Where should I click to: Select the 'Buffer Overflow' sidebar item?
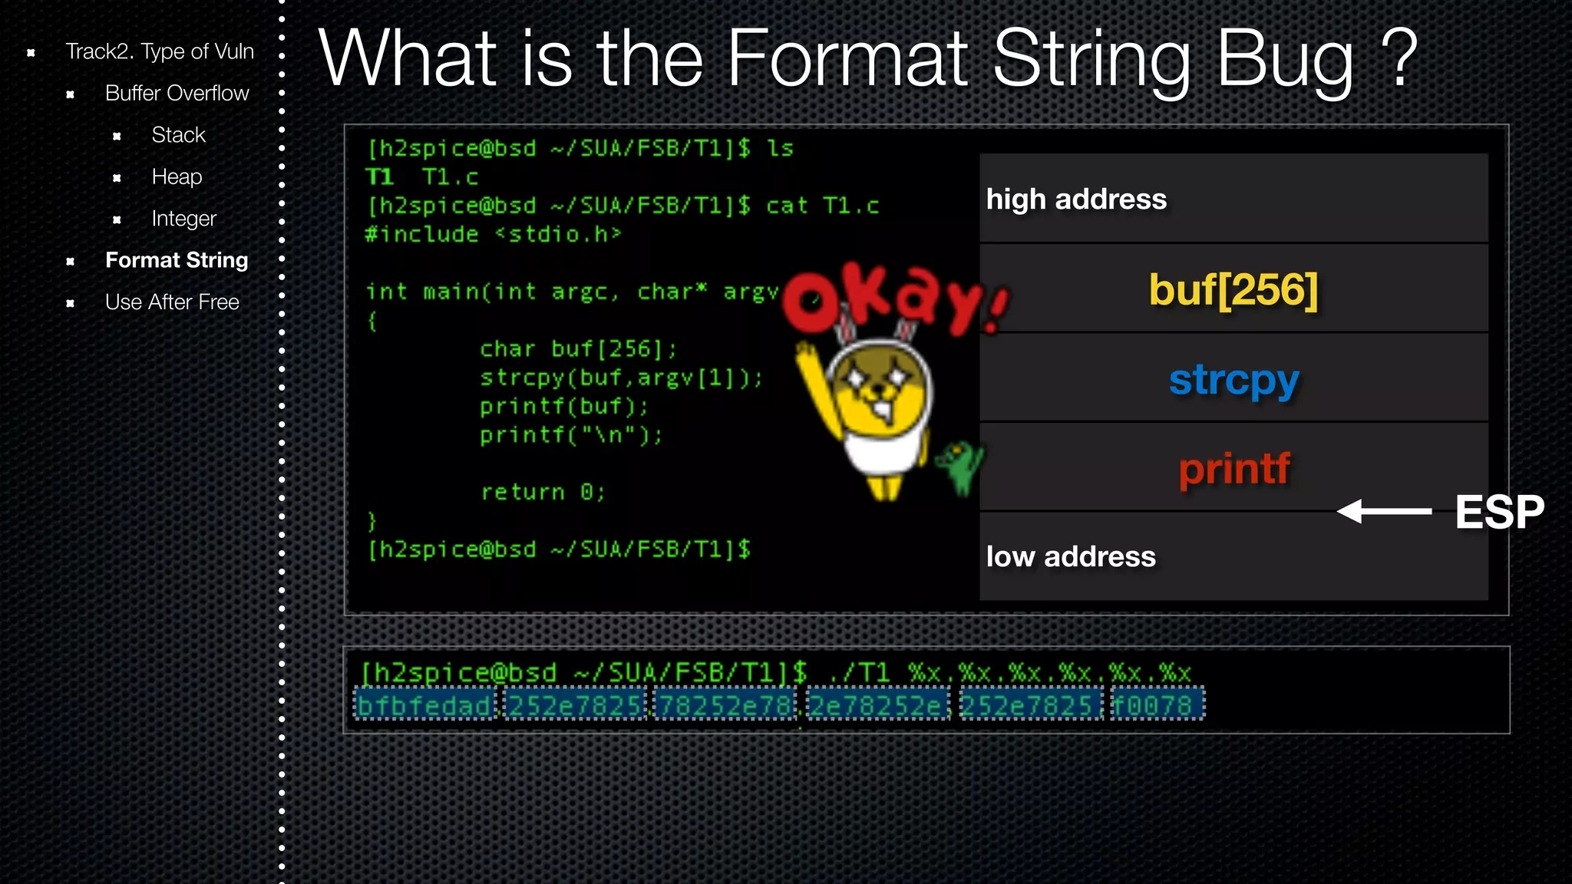coord(177,93)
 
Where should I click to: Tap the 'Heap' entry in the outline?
coord(177,176)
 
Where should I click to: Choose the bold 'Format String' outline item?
coord(177,260)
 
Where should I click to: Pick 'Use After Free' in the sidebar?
coord(172,302)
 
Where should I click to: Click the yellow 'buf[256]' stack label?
coord(1233,290)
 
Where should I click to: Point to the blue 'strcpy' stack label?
coord(1233,380)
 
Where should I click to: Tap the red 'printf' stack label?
coord(1233,469)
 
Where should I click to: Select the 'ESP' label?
coord(1498,512)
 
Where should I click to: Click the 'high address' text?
coord(1076,200)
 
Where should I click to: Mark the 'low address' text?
coord(1071,556)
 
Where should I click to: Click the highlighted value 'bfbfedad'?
coord(424,704)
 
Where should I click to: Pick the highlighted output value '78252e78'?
coord(725,704)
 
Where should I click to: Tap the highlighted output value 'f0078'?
coord(1158,704)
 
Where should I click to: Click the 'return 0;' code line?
coord(543,492)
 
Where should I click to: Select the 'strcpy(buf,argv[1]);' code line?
coord(621,378)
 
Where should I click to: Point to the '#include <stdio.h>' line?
coord(493,234)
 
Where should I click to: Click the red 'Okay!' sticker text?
coord(894,299)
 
